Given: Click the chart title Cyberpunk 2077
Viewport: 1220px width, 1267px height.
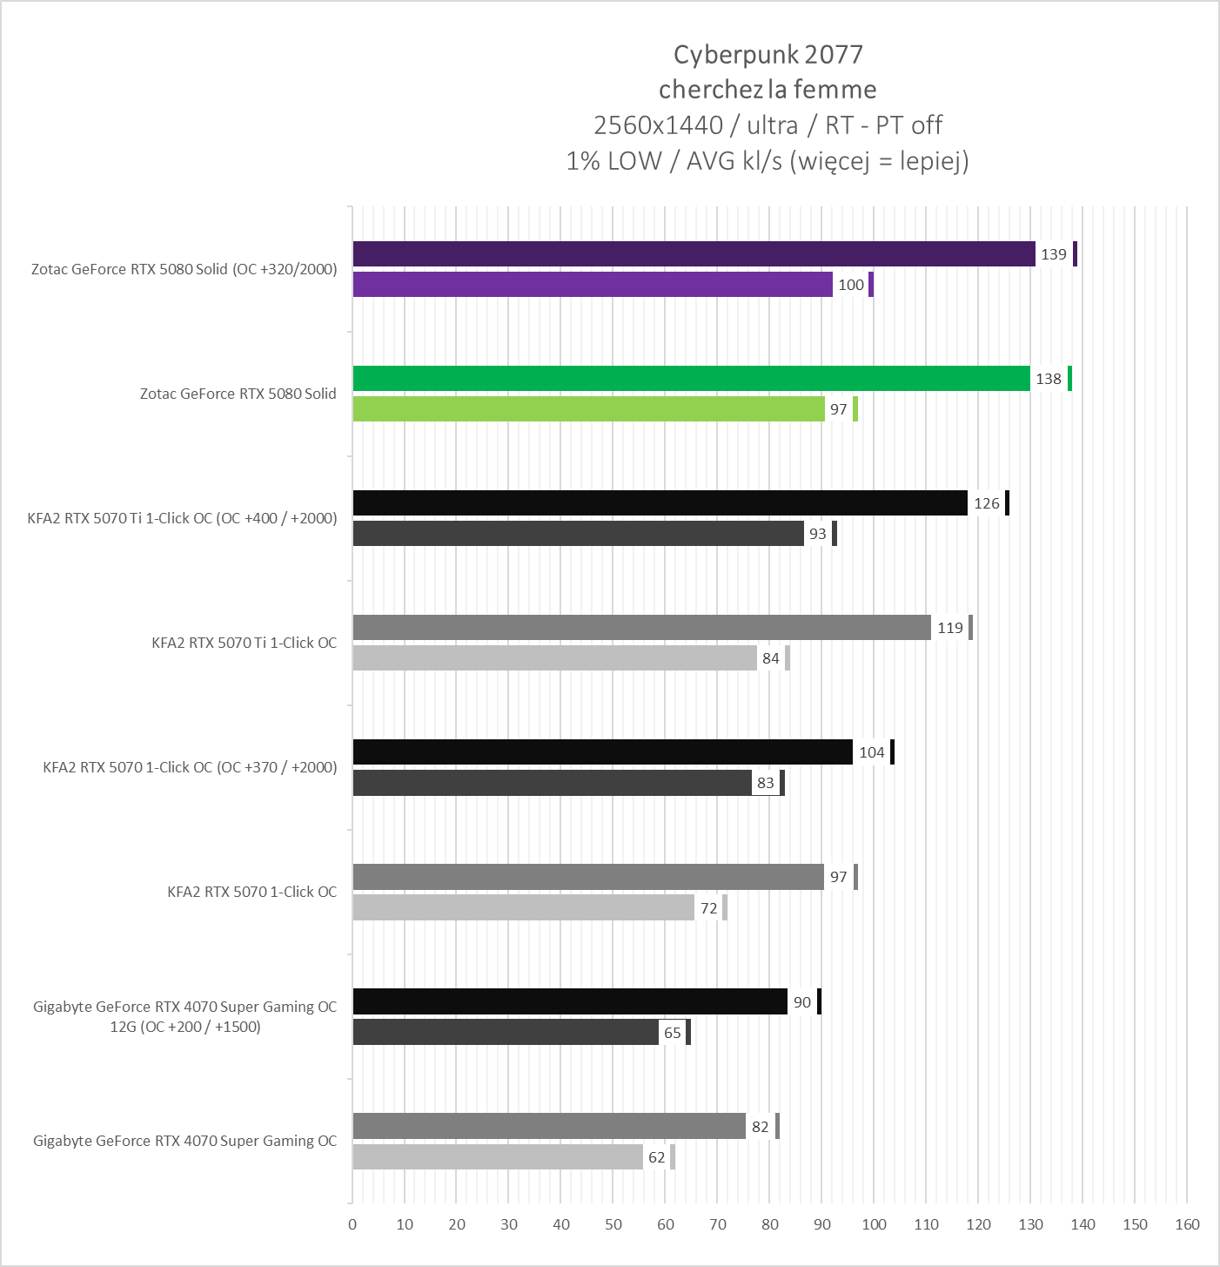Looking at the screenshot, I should coord(768,54).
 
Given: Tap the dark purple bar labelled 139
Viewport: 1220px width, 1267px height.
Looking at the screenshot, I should coord(694,254).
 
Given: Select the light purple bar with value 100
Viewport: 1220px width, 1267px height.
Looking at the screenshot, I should coord(592,285).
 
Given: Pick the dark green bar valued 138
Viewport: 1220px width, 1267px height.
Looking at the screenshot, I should coord(691,379).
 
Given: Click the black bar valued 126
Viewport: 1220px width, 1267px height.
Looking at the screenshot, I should coord(660,503).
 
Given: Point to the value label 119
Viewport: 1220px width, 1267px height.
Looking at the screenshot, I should coord(949,628).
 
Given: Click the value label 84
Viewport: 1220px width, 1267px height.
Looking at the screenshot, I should coord(770,658).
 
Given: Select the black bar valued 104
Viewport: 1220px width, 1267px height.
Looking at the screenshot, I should coord(602,752).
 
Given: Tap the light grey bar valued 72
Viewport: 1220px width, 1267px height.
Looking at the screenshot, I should coord(523,908).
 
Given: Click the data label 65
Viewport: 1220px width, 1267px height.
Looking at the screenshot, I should coord(672,1033).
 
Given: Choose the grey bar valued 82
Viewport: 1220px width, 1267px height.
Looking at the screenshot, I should coord(549,1126).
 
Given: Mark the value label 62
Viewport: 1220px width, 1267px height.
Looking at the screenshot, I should coord(656,1157).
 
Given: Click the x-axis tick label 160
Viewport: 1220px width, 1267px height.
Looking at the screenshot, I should coord(1187,1224).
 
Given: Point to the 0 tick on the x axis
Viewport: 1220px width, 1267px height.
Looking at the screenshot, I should coord(352,1224).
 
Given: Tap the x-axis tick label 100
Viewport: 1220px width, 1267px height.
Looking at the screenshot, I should coord(874,1224).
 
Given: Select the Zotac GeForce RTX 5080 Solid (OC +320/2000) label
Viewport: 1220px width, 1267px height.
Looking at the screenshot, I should coord(184,269).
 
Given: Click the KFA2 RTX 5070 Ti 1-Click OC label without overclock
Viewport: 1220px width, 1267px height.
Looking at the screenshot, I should coord(244,643).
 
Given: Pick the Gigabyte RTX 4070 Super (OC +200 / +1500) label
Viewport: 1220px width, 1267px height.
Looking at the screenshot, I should coord(184,1016).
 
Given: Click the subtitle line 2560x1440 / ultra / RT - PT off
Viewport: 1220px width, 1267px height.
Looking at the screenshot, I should coord(768,125).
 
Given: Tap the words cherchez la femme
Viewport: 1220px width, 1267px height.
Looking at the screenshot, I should coord(768,89).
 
